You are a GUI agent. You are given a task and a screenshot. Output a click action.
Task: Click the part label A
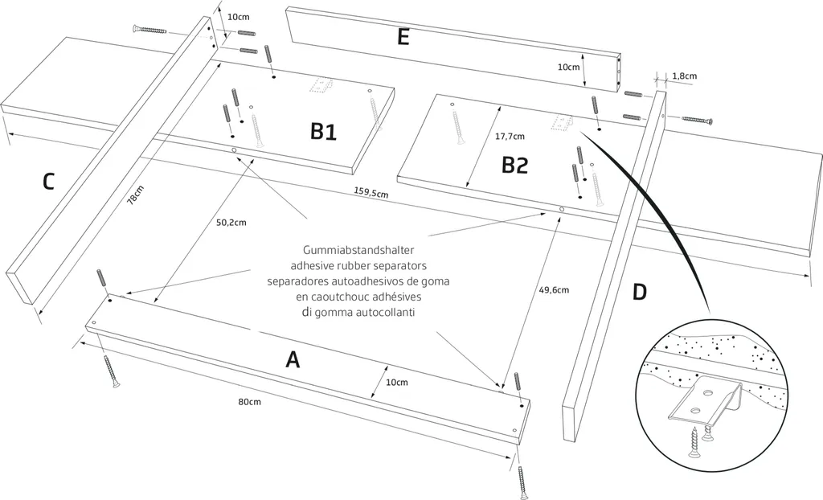293,359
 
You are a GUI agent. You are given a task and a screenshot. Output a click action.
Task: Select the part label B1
323,132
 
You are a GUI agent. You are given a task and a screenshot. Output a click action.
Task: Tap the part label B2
514,165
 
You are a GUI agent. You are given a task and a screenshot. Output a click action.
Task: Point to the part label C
48,182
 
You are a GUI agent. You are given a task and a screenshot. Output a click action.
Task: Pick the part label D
639,291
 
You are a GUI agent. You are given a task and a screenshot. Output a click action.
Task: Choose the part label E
403,37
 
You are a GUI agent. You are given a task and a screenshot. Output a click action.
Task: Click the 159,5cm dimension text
371,193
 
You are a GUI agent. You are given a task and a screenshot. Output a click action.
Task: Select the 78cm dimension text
136,196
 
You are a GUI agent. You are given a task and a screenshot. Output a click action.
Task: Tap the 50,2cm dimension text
231,222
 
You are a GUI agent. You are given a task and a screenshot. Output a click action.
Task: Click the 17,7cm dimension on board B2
510,136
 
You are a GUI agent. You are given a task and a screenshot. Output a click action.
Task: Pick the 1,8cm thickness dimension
685,76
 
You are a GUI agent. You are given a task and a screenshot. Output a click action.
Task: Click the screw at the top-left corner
146,29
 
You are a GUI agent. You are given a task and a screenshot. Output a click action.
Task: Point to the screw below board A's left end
111,371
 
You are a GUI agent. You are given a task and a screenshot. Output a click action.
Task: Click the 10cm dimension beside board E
568,68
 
